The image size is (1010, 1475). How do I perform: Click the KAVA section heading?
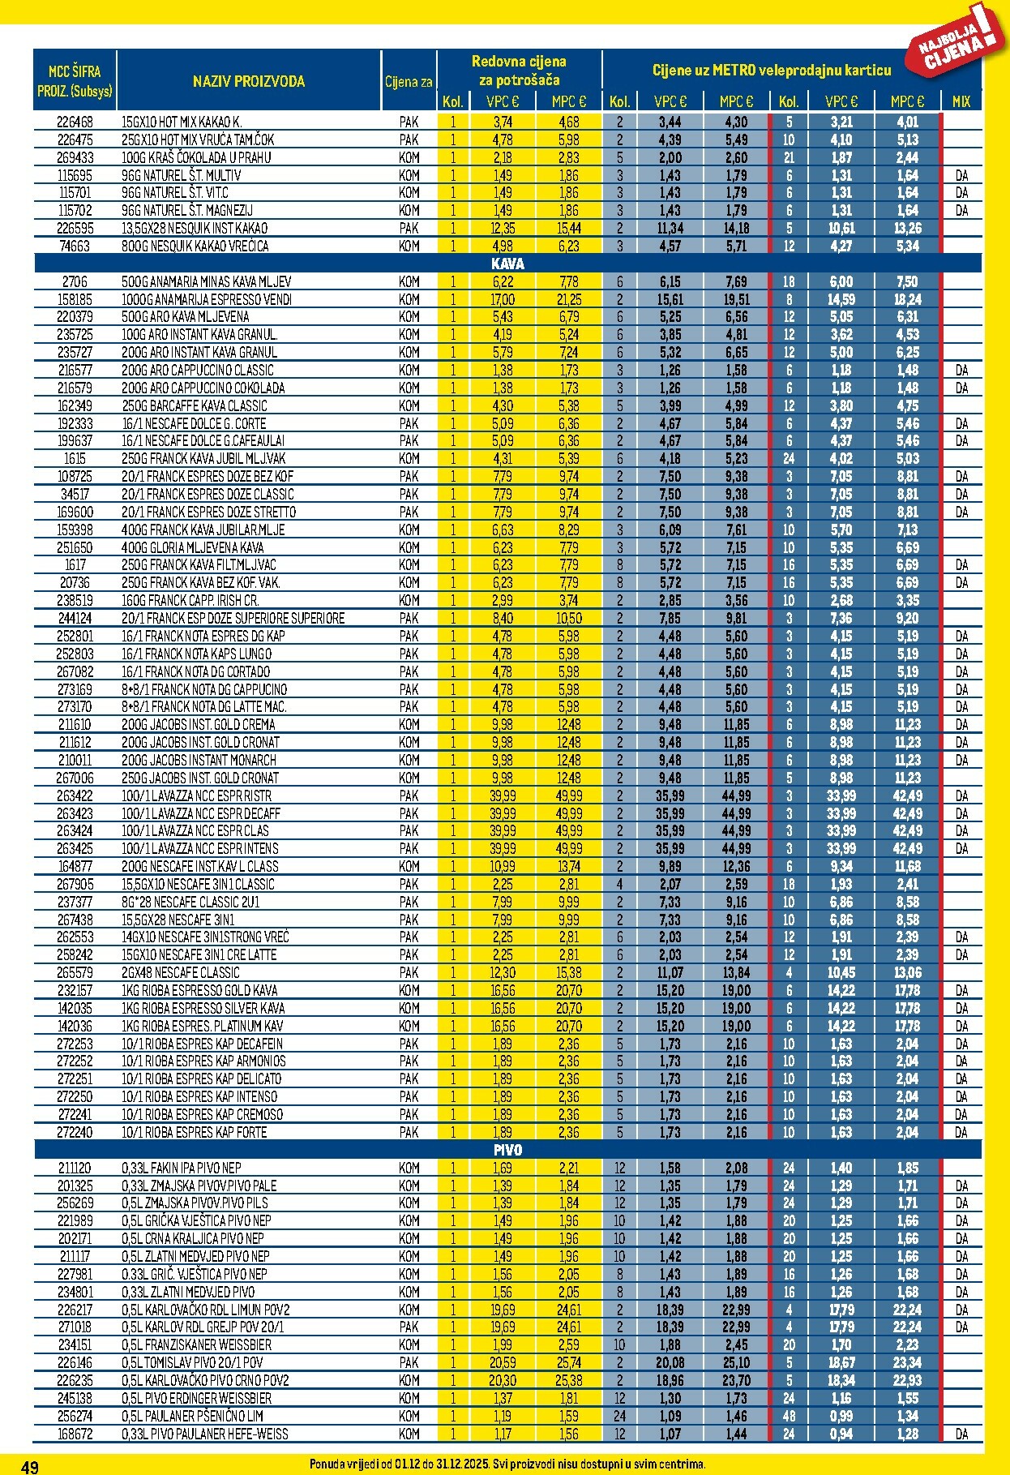507,264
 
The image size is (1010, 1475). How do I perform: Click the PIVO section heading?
507,1150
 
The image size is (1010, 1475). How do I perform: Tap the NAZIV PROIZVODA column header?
249,81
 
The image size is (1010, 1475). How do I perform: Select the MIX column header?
961,101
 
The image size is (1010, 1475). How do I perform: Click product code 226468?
75,122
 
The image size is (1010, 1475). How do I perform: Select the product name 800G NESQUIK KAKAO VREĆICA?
195,246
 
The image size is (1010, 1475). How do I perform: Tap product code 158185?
75,299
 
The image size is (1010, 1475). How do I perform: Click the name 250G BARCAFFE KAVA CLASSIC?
194,405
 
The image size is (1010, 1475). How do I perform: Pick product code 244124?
75,618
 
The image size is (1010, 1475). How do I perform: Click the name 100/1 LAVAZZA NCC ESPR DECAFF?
201,813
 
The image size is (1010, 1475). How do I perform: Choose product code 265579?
75,972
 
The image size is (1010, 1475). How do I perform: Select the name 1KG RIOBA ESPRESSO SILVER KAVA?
203,1008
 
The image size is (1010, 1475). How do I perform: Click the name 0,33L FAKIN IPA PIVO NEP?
182,1168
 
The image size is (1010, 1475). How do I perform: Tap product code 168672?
75,1434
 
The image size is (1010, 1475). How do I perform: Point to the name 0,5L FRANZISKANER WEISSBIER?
196,1344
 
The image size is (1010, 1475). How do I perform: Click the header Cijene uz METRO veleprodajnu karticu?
771,71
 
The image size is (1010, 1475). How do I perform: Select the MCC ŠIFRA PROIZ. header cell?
75,81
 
